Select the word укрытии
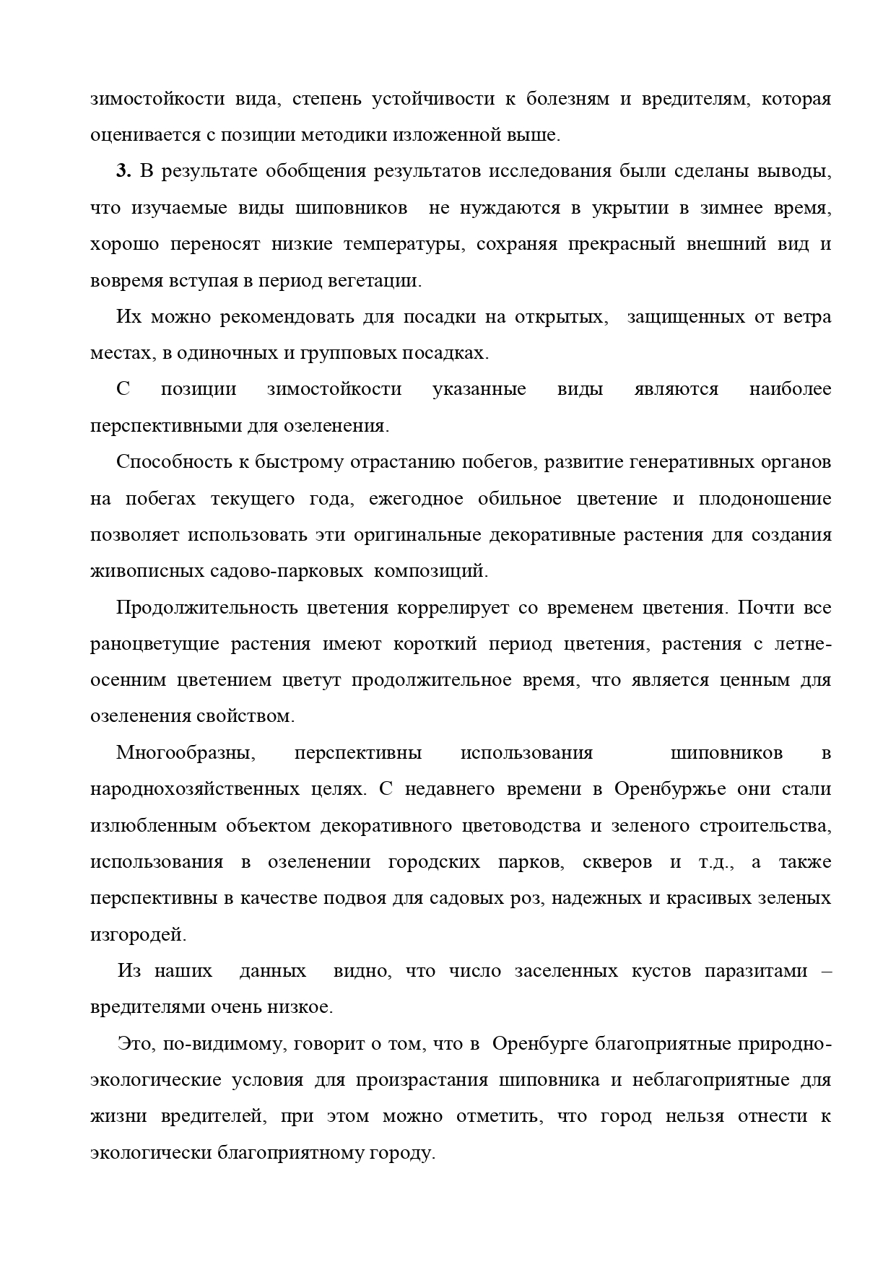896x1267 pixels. click(627, 208)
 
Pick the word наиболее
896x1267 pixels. click(790, 390)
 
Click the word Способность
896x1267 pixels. click(180, 462)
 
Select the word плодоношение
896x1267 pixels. click(765, 499)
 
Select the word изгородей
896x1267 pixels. click(138, 935)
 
